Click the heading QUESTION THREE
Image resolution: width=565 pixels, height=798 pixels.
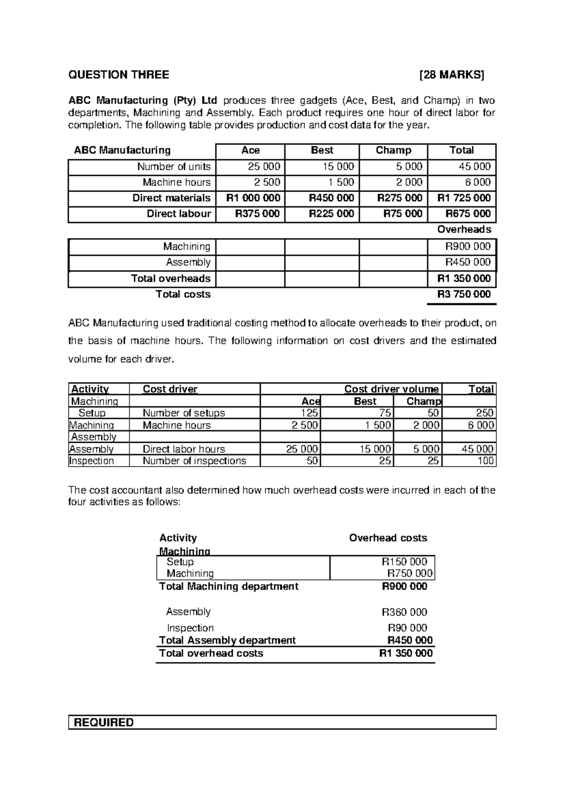(x=119, y=75)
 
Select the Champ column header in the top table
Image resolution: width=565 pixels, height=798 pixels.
(x=393, y=151)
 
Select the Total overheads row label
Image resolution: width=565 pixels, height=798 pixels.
(x=170, y=279)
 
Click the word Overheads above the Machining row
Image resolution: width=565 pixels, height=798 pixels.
(x=464, y=230)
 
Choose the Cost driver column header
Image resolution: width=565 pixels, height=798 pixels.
(x=170, y=389)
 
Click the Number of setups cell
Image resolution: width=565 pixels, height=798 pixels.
(x=184, y=413)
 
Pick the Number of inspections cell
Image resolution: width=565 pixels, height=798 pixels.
(x=194, y=461)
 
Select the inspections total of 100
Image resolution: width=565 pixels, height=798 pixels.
(x=485, y=461)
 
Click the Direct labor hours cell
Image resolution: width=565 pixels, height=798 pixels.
(x=184, y=449)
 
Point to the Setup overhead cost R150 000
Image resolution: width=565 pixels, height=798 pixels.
(x=404, y=562)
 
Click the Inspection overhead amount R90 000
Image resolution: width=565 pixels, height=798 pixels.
(x=407, y=628)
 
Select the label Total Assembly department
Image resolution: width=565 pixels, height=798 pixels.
(x=227, y=640)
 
